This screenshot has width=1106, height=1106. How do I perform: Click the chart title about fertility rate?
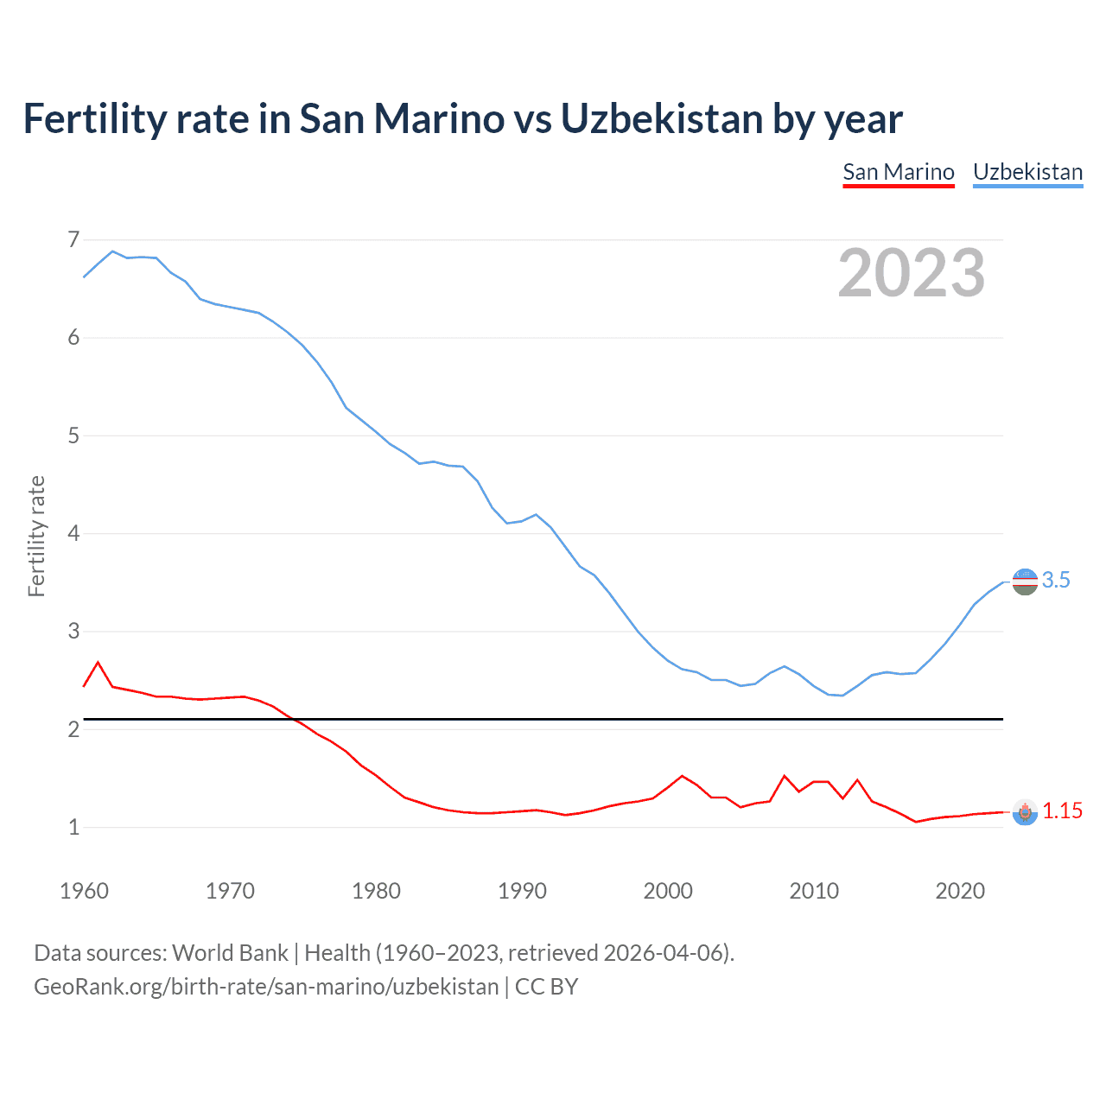(x=462, y=119)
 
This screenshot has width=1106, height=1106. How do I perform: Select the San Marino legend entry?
(x=899, y=172)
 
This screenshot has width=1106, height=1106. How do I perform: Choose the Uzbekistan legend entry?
(x=1027, y=172)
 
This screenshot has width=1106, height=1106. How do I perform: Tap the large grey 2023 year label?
(x=911, y=273)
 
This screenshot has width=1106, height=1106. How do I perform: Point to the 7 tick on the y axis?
(x=73, y=239)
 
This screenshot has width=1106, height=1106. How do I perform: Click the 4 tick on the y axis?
(x=73, y=533)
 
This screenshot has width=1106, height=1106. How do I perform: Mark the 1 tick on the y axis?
(x=73, y=827)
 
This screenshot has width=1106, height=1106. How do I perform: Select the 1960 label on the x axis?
(x=84, y=891)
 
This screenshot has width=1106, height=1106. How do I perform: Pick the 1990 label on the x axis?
(x=522, y=891)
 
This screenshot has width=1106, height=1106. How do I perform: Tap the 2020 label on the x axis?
(x=960, y=891)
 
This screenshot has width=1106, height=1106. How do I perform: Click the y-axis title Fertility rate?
(x=36, y=536)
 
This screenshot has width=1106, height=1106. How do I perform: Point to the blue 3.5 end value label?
(x=1055, y=581)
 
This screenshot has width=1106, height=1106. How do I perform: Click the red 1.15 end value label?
(x=1062, y=810)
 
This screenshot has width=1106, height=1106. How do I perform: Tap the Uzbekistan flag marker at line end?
(x=1025, y=582)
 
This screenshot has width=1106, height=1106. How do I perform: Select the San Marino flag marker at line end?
(x=1025, y=812)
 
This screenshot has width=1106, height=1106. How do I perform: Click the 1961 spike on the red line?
(x=98, y=663)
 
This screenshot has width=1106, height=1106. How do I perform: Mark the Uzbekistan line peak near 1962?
(x=112, y=251)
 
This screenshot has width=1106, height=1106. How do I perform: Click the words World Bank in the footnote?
(x=230, y=953)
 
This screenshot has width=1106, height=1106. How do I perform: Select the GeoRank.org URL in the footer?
(x=266, y=987)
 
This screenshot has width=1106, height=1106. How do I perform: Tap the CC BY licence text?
(x=546, y=987)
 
